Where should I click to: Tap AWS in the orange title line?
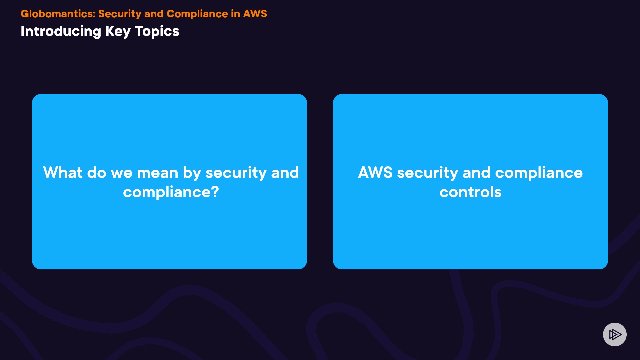coord(255,14)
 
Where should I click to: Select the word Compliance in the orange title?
coord(197,14)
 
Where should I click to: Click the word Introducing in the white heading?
coord(61,31)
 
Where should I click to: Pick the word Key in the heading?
coord(118,31)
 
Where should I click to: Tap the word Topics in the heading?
coord(157,31)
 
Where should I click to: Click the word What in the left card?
coord(63,173)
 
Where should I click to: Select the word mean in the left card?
coord(157,173)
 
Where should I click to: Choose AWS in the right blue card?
coord(375,173)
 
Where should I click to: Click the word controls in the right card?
coord(470,192)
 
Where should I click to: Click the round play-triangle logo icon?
coord(615,334)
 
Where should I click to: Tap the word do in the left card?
coord(97,173)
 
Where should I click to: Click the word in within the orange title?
coord(235,14)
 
